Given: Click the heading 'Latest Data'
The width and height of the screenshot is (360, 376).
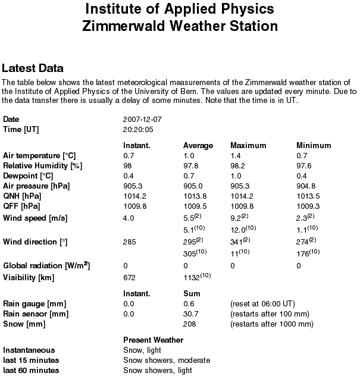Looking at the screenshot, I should point(33,68).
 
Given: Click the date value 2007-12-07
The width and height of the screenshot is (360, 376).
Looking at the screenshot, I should point(142,120).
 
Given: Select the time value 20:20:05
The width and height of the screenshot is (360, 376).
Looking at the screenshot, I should point(138,129).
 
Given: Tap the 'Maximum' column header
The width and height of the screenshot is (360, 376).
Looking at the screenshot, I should point(248,146).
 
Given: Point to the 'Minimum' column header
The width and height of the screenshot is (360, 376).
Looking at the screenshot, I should point(314,146).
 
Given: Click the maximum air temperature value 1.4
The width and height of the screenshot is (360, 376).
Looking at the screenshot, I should point(236,156).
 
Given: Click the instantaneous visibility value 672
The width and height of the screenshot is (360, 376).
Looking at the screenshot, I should point(129,277).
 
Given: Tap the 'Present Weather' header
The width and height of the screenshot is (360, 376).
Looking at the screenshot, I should point(153,340).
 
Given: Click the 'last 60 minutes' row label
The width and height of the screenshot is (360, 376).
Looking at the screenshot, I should point(31,371).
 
